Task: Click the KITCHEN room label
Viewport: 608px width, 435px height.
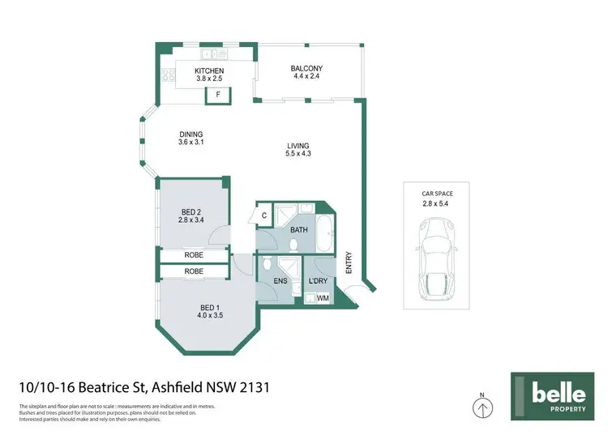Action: point(209,71)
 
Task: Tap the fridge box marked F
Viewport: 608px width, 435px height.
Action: point(217,96)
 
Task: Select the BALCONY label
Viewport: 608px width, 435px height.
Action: point(307,68)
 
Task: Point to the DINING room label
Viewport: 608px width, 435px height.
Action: point(191,134)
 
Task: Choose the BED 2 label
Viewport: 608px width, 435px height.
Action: point(193,211)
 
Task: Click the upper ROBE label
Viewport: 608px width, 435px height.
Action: point(193,255)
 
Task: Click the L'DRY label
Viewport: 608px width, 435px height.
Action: point(318,282)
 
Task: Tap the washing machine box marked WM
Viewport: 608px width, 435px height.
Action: point(323,298)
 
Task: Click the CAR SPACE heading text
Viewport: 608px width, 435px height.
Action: point(438,194)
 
